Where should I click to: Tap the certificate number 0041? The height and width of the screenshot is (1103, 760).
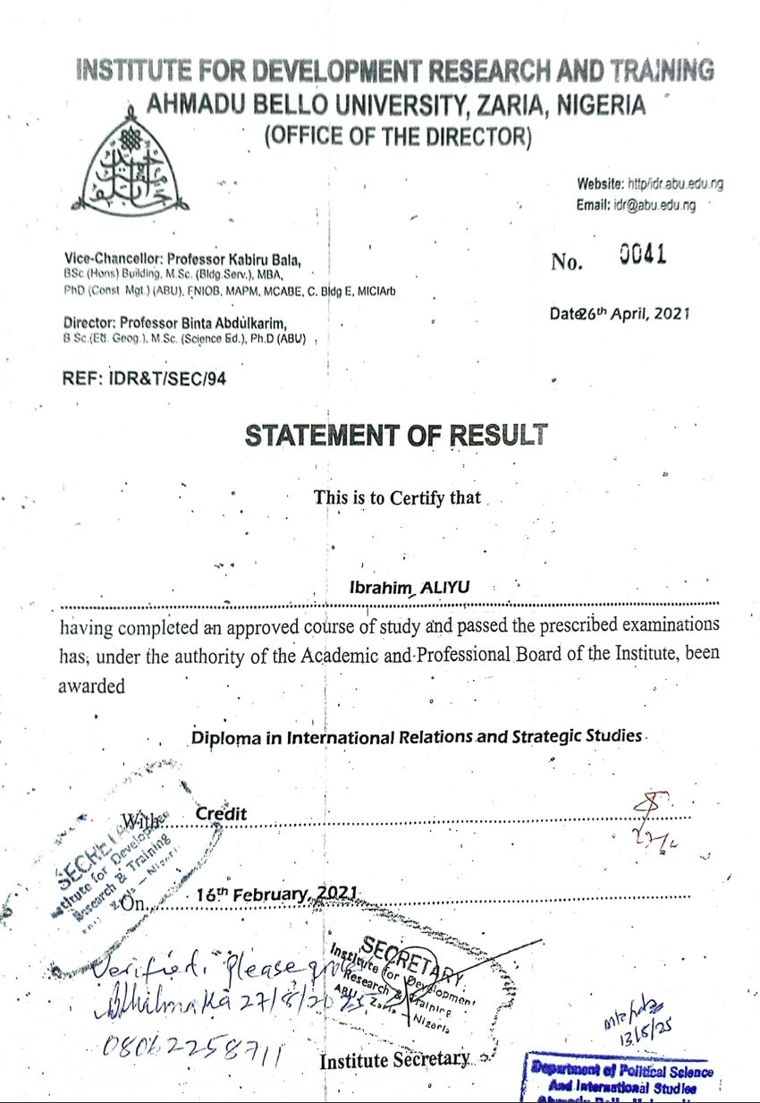click(643, 257)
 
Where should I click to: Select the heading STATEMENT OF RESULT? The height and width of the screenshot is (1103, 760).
click(396, 436)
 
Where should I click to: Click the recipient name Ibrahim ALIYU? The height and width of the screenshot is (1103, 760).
click(410, 587)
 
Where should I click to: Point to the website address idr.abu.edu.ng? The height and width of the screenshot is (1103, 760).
click(675, 184)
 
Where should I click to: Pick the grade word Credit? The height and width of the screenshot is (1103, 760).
click(221, 814)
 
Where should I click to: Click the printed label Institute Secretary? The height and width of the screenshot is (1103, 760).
click(394, 1060)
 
